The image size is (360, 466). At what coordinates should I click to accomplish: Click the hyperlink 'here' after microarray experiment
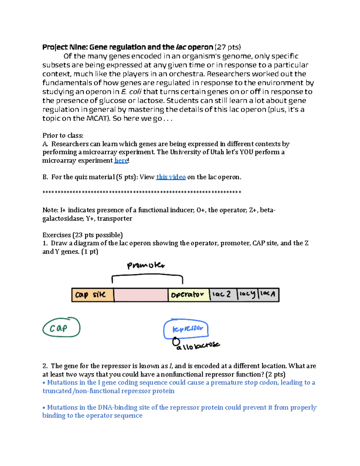[121, 161]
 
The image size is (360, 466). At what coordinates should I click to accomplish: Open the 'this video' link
[171, 177]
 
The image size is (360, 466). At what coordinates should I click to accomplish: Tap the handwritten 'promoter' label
[146, 265]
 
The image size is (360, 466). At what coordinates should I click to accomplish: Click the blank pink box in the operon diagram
[141, 295]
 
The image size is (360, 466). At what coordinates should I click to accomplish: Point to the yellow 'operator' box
[188, 295]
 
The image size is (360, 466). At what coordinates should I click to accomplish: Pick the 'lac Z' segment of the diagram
[223, 294]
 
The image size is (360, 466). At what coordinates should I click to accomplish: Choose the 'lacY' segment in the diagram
[247, 294]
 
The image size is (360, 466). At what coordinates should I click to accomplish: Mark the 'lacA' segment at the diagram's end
[268, 294]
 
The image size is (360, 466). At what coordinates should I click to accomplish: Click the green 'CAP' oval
[61, 328]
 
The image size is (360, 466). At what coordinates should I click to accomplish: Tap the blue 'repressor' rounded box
[186, 329]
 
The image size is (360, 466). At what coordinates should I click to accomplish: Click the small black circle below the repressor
[176, 341]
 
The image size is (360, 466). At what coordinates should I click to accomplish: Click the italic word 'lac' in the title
[181, 47]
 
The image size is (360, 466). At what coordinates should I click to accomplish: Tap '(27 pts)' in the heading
[228, 47]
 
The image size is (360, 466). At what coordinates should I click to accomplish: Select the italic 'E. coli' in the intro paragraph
[131, 92]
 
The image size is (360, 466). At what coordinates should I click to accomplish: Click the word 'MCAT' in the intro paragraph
[97, 119]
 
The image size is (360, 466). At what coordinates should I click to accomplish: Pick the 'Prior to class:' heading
[63, 135]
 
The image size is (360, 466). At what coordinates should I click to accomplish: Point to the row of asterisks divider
[142, 192]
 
